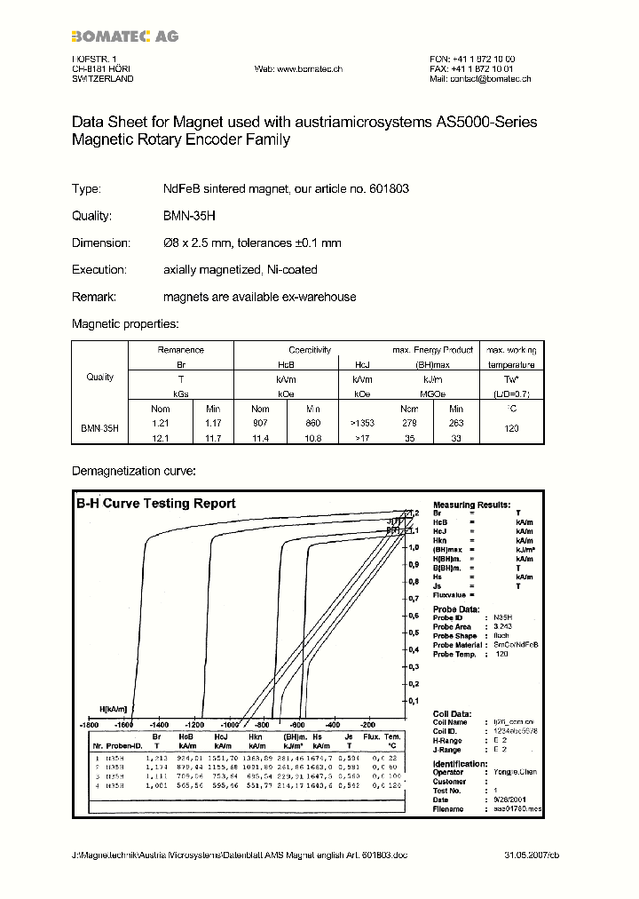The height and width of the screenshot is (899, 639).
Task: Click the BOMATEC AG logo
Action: (x=125, y=36)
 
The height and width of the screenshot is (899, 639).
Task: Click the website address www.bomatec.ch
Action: (x=298, y=68)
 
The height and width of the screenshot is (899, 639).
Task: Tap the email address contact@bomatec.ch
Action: (x=479, y=79)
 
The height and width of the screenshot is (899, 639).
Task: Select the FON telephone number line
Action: (x=472, y=59)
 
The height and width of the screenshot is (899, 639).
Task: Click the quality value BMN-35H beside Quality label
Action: (x=191, y=216)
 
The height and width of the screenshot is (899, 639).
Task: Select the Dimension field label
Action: (x=101, y=243)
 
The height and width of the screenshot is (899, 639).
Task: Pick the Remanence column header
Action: (x=180, y=350)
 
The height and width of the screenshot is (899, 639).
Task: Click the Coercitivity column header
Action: (x=309, y=350)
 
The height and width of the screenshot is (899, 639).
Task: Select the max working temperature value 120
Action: (x=510, y=427)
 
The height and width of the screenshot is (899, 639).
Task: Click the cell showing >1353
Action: (x=362, y=423)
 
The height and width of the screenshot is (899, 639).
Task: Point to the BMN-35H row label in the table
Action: (x=100, y=428)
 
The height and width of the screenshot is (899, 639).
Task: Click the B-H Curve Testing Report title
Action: (x=155, y=504)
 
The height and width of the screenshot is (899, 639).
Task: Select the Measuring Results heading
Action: (x=466, y=504)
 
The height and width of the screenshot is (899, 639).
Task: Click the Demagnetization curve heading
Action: (x=133, y=470)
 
